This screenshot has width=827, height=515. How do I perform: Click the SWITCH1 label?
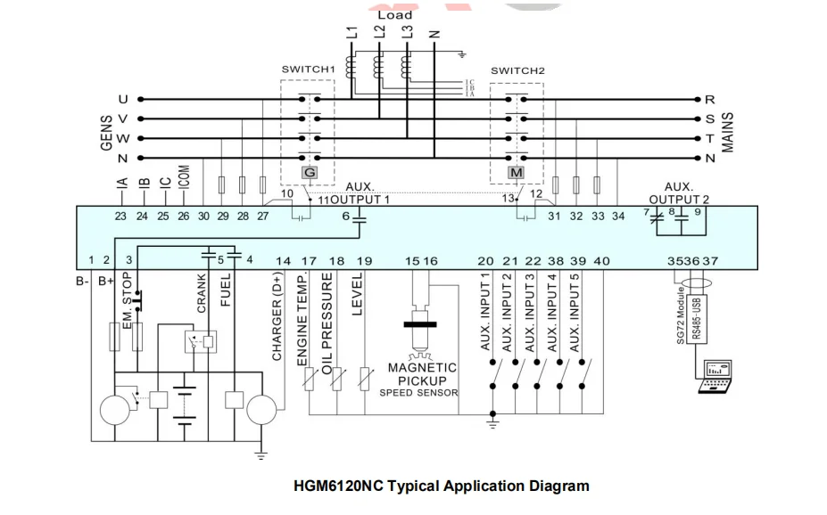pyautogui.click(x=308, y=69)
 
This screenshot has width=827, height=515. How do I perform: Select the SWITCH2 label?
pyautogui.click(x=517, y=70)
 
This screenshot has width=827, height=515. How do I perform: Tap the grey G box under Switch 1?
pyautogui.click(x=310, y=172)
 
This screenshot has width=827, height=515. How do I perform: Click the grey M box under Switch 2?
pyautogui.click(x=516, y=172)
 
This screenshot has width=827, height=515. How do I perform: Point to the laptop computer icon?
pyautogui.click(x=716, y=377)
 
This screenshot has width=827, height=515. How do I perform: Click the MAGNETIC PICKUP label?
pyautogui.click(x=422, y=374)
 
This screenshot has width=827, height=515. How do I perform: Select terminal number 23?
pyautogui.click(x=120, y=216)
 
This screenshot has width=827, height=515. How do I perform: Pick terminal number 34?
pyautogui.click(x=618, y=216)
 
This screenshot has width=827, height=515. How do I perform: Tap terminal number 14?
pyautogui.click(x=283, y=261)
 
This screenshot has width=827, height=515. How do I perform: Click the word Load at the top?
pyautogui.click(x=394, y=15)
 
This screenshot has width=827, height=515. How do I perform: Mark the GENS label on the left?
pyautogui.click(x=106, y=133)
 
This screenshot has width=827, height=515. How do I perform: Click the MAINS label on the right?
pyautogui.click(x=727, y=132)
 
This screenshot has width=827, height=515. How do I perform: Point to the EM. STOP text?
pyautogui.click(x=127, y=300)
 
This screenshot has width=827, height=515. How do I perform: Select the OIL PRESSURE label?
pyautogui.click(x=327, y=323)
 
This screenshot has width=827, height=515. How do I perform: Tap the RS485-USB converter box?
pyautogui.click(x=698, y=319)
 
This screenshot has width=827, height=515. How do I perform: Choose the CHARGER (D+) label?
pyautogui.click(x=277, y=317)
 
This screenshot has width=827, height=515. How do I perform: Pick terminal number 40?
pyautogui.click(x=601, y=261)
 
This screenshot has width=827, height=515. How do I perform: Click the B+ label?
pyautogui.click(x=106, y=282)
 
